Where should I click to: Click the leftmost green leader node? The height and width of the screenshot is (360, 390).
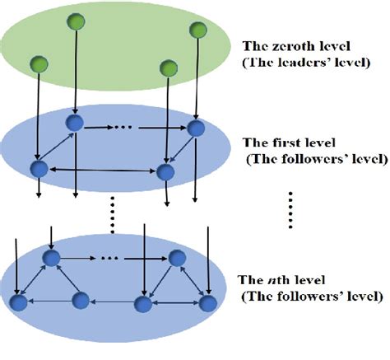(x=35, y=63)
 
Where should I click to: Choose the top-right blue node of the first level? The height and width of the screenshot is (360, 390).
(x=195, y=129)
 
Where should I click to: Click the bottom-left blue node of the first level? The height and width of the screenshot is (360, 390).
(x=37, y=170)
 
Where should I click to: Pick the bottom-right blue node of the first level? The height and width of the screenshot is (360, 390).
(x=165, y=172)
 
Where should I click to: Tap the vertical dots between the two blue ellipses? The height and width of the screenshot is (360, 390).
(x=110, y=213)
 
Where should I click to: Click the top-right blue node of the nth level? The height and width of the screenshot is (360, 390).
(x=174, y=258)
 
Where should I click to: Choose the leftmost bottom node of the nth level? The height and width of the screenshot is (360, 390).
(x=18, y=304)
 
